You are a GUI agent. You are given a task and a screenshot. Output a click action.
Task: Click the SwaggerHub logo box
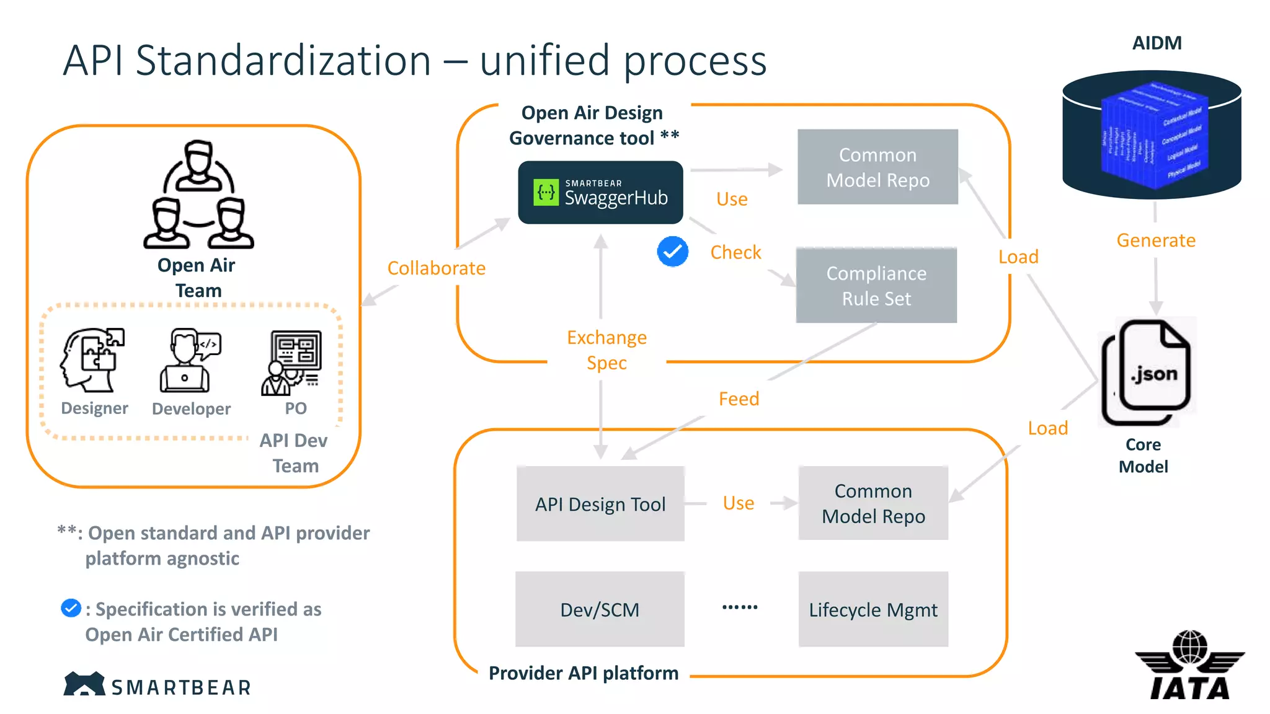pos(600,193)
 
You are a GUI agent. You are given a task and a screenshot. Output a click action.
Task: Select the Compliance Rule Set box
pos(876,286)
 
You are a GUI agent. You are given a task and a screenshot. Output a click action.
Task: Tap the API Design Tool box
pos(600,504)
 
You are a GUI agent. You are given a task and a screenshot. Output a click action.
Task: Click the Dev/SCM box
pos(600,609)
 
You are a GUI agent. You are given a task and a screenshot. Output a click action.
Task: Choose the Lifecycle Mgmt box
pos(873,609)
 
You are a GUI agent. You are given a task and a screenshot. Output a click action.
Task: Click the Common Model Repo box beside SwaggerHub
pos(877,167)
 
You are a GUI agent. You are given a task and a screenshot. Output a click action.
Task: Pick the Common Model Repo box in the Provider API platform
pos(873,503)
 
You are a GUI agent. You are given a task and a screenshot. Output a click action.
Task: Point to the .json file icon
pos(1147,372)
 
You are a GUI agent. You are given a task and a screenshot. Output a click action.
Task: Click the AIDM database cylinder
pos(1152,134)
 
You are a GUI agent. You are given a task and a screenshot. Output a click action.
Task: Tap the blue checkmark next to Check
pos(672,252)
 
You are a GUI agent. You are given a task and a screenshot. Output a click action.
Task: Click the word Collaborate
pos(436,268)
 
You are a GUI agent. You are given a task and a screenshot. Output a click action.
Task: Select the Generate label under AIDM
pos(1156,240)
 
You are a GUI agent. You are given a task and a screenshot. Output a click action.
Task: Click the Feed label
pos(739,399)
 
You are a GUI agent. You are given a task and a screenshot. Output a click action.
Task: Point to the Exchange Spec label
pos(606,350)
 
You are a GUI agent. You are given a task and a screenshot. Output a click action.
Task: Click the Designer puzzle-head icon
pos(93,360)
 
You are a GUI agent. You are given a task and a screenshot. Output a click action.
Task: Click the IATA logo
pos(1189,666)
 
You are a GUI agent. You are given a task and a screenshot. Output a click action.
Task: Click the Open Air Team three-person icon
pos(198,195)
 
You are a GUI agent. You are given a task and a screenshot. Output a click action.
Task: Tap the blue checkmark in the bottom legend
pos(71,608)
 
